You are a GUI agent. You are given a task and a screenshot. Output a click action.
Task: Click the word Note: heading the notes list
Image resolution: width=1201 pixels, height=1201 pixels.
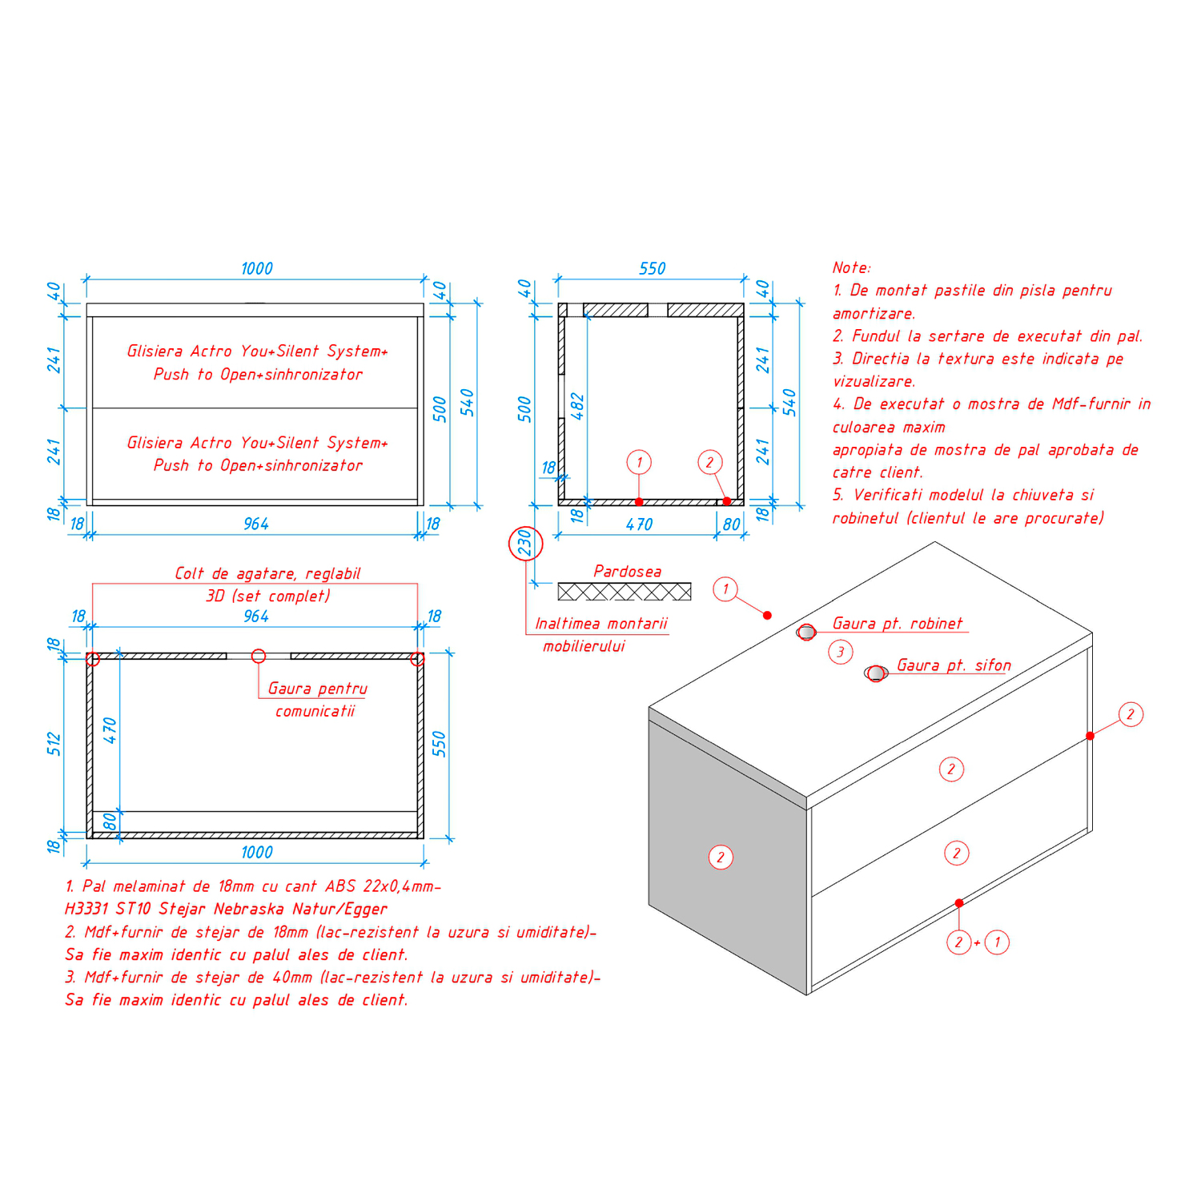point(851,267)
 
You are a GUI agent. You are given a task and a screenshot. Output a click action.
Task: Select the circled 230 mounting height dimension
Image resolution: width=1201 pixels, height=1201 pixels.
point(525,544)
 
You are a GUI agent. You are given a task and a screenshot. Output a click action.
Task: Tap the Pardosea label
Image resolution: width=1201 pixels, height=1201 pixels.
point(628,571)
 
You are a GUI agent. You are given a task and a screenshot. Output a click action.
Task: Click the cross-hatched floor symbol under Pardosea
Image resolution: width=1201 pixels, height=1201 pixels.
point(625,592)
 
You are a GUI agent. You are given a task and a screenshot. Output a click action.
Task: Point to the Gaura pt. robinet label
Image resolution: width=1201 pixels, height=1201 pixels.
point(898,623)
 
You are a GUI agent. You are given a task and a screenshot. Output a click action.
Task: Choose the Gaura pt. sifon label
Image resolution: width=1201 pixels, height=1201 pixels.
point(954,665)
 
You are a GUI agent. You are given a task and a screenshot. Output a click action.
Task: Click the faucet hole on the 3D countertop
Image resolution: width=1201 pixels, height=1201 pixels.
point(806,632)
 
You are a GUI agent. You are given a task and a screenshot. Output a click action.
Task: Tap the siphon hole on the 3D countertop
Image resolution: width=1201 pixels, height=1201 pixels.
point(876,673)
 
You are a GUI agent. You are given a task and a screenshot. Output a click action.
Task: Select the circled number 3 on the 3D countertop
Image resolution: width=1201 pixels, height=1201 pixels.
point(840,653)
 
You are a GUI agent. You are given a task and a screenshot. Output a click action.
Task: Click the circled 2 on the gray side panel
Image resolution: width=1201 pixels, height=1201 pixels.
point(721,858)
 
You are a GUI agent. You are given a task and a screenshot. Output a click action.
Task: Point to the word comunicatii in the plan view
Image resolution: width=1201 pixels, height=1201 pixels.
point(315,711)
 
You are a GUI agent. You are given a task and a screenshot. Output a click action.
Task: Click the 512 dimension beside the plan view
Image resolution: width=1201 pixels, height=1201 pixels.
point(54,743)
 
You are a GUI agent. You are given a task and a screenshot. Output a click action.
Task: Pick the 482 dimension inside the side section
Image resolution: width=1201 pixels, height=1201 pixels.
point(577,407)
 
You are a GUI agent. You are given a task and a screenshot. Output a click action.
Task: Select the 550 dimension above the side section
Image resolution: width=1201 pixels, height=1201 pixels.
point(652,269)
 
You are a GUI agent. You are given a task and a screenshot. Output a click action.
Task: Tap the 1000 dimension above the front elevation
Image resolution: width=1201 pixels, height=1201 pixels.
point(257,269)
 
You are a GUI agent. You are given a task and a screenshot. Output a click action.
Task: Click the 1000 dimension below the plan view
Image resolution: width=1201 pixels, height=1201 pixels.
point(257,853)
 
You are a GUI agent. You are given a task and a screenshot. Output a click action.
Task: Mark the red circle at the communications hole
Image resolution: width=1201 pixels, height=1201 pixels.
point(258,657)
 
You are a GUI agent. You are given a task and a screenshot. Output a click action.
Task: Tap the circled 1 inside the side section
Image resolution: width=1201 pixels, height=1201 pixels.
point(639,462)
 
